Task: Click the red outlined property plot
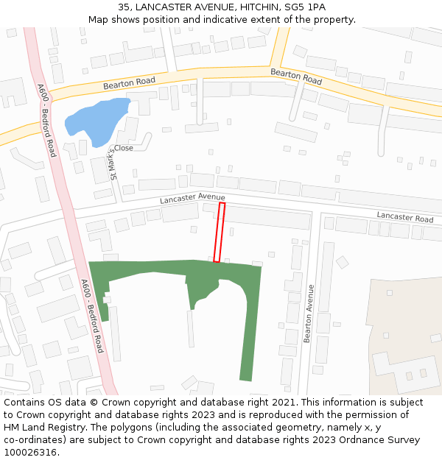pyautogui.click(x=219, y=233)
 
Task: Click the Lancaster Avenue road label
pyautogui.click(x=193, y=198)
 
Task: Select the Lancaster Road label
pyautogui.click(x=405, y=218)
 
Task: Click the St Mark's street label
pyautogui.click(x=113, y=161)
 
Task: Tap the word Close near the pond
pyautogui.click(x=124, y=148)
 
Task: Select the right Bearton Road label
pyautogui.click(x=296, y=76)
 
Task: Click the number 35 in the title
pyautogui.click(x=124, y=7)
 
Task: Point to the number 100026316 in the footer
pyautogui.click(x=30, y=452)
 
